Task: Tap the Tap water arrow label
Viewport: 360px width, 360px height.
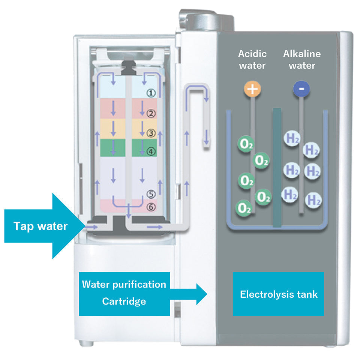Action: coord(40,226)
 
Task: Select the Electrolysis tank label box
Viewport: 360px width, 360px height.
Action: coord(278,294)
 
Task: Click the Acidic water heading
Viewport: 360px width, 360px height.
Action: coord(252,59)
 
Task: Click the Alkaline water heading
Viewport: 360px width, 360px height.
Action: coord(302,59)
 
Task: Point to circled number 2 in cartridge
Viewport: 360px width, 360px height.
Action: coord(150,113)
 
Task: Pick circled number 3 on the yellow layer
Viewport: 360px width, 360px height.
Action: coord(150,133)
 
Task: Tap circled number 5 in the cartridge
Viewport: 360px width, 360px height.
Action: coord(150,194)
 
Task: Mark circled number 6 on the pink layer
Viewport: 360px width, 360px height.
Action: coord(150,207)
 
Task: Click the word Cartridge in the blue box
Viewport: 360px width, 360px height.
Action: coord(124,301)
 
